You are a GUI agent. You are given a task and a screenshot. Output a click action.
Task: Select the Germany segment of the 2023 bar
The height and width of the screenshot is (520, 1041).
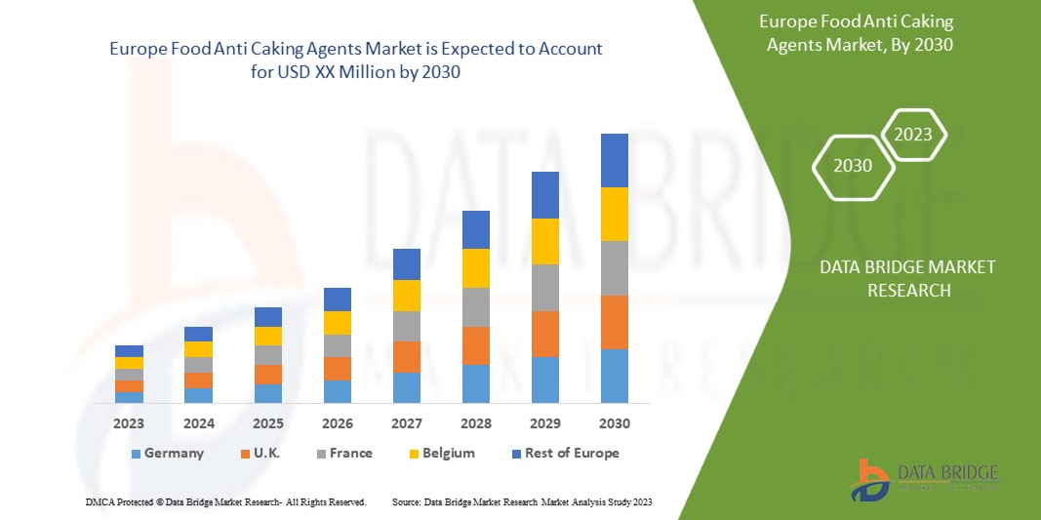tap(129, 397)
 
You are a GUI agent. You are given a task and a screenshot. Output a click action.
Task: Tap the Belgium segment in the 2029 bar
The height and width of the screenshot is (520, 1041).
tap(544, 241)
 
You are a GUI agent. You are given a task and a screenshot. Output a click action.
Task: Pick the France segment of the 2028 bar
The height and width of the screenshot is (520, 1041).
tap(475, 306)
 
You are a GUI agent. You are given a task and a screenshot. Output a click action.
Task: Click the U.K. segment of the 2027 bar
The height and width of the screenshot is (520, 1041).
tap(406, 357)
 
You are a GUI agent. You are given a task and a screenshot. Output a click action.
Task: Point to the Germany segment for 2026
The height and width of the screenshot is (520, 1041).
tap(337, 391)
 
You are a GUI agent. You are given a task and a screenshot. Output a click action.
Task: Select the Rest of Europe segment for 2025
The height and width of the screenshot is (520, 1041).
tap(267, 317)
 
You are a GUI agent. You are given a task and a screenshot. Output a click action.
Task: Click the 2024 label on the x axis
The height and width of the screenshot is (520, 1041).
tap(198, 423)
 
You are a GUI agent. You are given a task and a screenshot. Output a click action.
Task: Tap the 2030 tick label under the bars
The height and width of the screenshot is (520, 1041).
tap(614, 423)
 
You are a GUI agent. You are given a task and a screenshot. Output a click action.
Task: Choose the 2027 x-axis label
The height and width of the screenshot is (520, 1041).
tap(406, 423)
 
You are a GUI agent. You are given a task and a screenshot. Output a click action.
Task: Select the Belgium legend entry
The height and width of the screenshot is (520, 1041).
tap(440, 453)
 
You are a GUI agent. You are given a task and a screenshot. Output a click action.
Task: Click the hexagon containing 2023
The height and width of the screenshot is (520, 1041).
tap(913, 135)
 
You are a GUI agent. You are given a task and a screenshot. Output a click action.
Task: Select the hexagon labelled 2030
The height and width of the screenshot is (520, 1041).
tap(853, 166)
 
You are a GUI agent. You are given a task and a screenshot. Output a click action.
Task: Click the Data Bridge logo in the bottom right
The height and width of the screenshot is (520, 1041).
tap(924, 479)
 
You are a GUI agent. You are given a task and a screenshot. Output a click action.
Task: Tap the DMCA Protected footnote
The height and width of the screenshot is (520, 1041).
tap(224, 501)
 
